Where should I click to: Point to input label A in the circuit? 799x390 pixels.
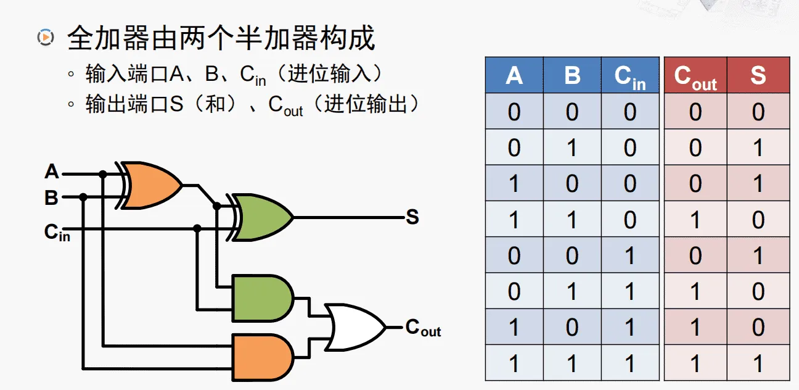pyautogui.click(x=52, y=172)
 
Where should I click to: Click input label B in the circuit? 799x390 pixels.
pyautogui.click(x=51, y=198)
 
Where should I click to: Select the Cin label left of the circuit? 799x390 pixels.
pyautogui.click(x=56, y=232)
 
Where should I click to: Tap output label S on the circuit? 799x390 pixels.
pyautogui.click(x=412, y=217)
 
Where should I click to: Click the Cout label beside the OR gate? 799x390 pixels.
pyautogui.click(x=423, y=328)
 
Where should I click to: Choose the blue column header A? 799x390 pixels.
pyautogui.click(x=514, y=75)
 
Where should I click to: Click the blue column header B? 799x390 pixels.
pyautogui.click(x=572, y=75)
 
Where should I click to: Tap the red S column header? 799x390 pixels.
pyautogui.click(x=758, y=75)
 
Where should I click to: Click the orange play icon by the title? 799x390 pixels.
pyautogui.click(x=45, y=37)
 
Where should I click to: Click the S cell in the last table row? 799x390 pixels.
pyautogui.click(x=758, y=363)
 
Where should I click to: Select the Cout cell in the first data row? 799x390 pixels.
pyautogui.click(x=695, y=112)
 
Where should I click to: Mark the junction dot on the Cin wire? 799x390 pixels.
pyautogui.click(x=197, y=228)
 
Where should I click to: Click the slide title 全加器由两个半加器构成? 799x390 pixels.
pyautogui.click(x=221, y=38)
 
